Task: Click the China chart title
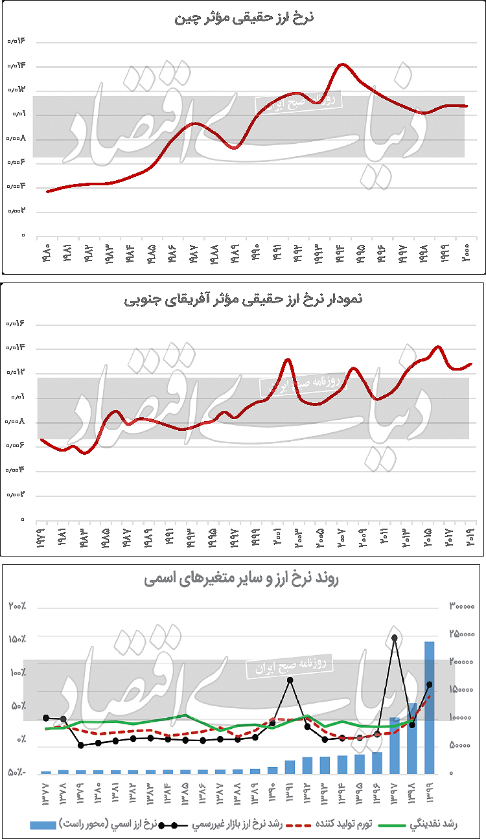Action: click(x=244, y=17)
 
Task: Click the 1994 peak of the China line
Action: click(x=342, y=64)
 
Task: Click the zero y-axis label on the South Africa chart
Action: click(x=22, y=520)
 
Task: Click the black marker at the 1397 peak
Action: click(x=394, y=638)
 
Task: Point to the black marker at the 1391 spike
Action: click(x=290, y=680)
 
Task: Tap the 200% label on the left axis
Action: click(x=17, y=606)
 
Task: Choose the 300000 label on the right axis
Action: click(x=461, y=606)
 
